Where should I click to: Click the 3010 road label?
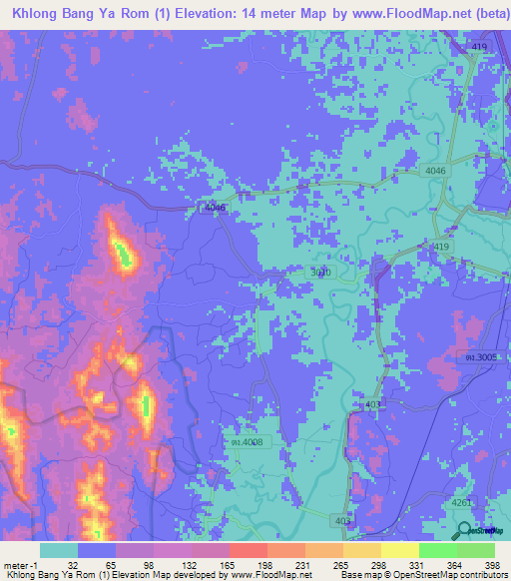tap(316, 271)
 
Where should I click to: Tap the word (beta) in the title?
tap(478, 12)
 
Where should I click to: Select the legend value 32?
tap(70, 564)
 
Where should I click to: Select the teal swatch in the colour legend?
tap(59, 550)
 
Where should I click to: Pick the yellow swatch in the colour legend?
tap(400, 550)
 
